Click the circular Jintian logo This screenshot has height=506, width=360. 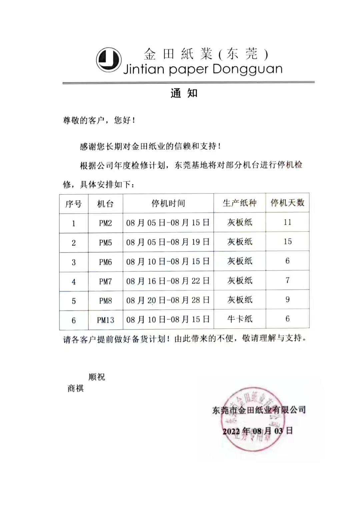(x=109, y=60)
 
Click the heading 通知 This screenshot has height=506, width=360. (x=184, y=93)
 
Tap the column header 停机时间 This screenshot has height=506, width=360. (x=168, y=203)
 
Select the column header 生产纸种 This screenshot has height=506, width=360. (x=239, y=203)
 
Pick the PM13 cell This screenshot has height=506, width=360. (x=105, y=320)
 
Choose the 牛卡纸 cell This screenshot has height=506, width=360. (x=239, y=319)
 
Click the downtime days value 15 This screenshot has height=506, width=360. (x=287, y=241)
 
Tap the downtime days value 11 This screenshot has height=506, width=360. (x=287, y=222)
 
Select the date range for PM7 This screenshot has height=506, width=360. (x=168, y=281)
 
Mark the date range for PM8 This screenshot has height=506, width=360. (x=168, y=300)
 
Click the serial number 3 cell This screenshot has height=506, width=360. (x=74, y=262)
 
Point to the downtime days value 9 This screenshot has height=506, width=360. (x=287, y=300)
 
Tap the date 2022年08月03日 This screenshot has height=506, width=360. (x=258, y=431)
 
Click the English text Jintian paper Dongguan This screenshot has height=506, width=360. (x=203, y=69)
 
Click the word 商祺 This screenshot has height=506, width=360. (x=76, y=388)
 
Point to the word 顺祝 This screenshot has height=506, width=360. (x=97, y=377)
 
